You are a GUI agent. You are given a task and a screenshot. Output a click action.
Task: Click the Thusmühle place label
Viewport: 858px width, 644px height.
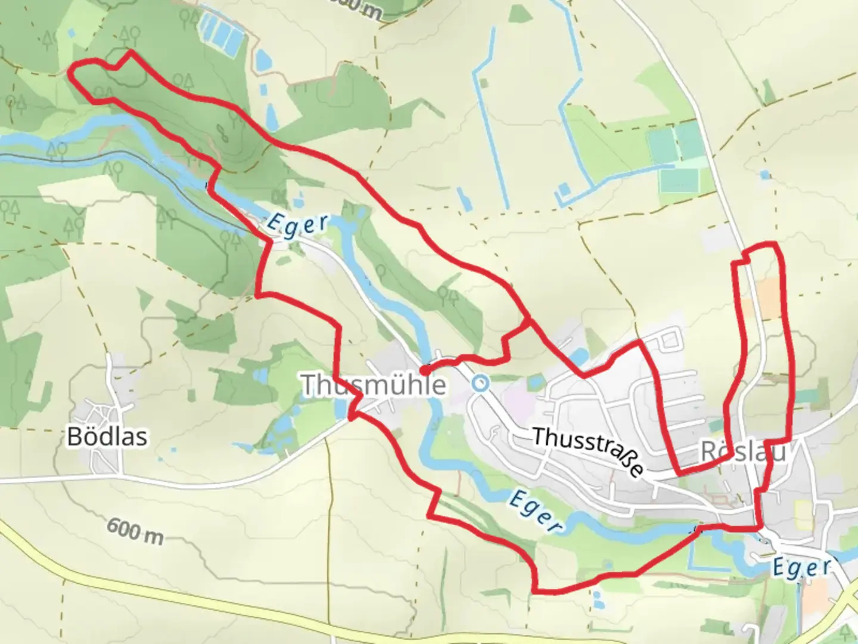click(x=374, y=385)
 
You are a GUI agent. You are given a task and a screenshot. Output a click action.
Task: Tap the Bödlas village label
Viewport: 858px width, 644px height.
click(x=107, y=436)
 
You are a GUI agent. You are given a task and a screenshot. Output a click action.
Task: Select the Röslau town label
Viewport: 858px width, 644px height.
click(x=742, y=452)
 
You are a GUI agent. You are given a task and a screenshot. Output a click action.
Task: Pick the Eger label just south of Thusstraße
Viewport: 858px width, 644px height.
click(x=534, y=511)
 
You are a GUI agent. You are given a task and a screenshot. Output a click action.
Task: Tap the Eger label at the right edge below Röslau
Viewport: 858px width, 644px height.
click(x=801, y=566)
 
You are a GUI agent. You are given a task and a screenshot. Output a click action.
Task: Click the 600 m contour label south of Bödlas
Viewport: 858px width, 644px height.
click(x=135, y=531)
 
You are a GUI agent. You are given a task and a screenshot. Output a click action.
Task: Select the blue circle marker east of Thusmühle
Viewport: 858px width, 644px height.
click(x=480, y=383)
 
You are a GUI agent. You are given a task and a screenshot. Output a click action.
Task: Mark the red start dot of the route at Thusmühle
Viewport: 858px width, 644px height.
click(x=424, y=371)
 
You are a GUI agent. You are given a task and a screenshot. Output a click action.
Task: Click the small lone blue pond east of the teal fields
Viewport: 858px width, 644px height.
click(x=764, y=175)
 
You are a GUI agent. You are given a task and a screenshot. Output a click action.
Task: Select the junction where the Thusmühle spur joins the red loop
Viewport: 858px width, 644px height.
click(x=529, y=320)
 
